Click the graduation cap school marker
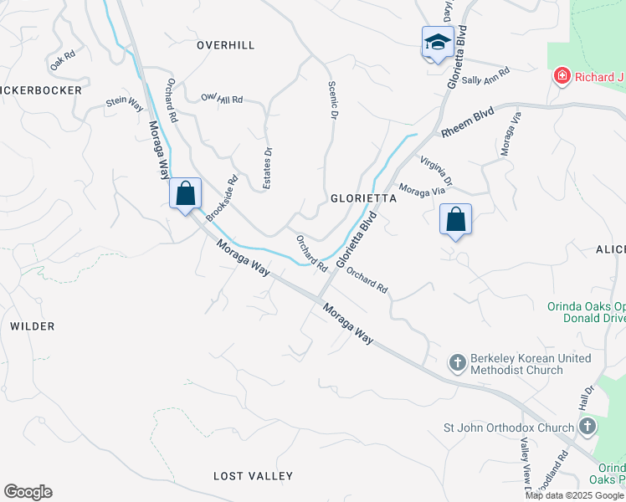click(437, 42)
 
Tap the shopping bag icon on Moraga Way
click(186, 194)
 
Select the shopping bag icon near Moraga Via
click(455, 219)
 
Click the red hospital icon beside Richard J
click(562, 77)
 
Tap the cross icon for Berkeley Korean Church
click(457, 362)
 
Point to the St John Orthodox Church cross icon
click(587, 428)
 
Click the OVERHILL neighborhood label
click(225, 45)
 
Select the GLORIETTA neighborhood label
click(363, 198)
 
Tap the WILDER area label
click(33, 326)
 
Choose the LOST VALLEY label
click(253, 476)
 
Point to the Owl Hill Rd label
click(222, 99)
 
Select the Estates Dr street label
click(268, 168)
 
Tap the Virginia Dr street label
click(437, 170)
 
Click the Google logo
click(28, 492)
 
